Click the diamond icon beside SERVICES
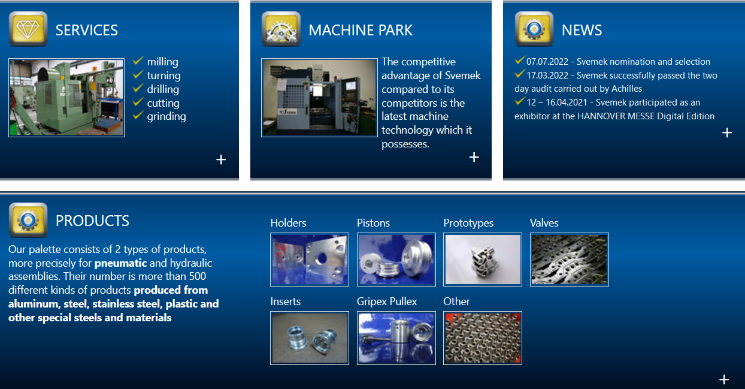click(28, 29)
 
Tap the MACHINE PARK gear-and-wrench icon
click(281, 29)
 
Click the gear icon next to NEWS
click(534, 29)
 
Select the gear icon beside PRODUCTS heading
click(28, 220)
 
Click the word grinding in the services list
click(166, 117)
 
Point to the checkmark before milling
click(138, 61)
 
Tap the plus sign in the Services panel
click(221, 159)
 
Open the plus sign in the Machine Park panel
click(474, 157)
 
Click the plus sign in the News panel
click(727, 133)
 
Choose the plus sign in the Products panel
click(724, 379)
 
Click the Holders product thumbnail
click(310, 260)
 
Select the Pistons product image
click(396, 260)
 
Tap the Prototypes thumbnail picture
click(483, 260)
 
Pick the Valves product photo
click(570, 260)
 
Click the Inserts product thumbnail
click(310, 338)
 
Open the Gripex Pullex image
click(396, 338)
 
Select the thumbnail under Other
click(483, 338)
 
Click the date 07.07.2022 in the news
click(547, 62)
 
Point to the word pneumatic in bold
click(121, 263)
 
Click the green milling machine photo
click(66, 98)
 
